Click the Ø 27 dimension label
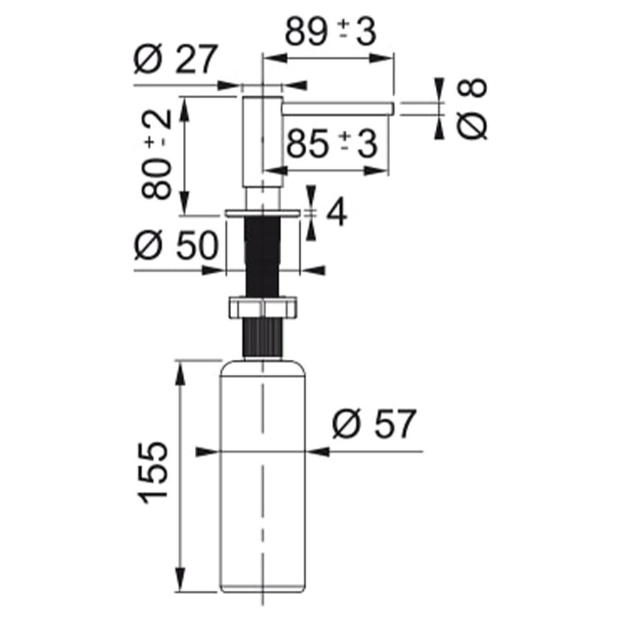click(176, 59)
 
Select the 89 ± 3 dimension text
click(330, 31)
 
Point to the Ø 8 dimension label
click(472, 109)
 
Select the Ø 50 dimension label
click(176, 245)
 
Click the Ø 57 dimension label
click(374, 424)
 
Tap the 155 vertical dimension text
click(152, 472)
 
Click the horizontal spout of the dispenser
click(338, 109)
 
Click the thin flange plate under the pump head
click(263, 213)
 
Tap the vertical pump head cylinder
click(262, 142)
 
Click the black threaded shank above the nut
click(263, 256)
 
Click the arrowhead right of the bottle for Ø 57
click(318, 451)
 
